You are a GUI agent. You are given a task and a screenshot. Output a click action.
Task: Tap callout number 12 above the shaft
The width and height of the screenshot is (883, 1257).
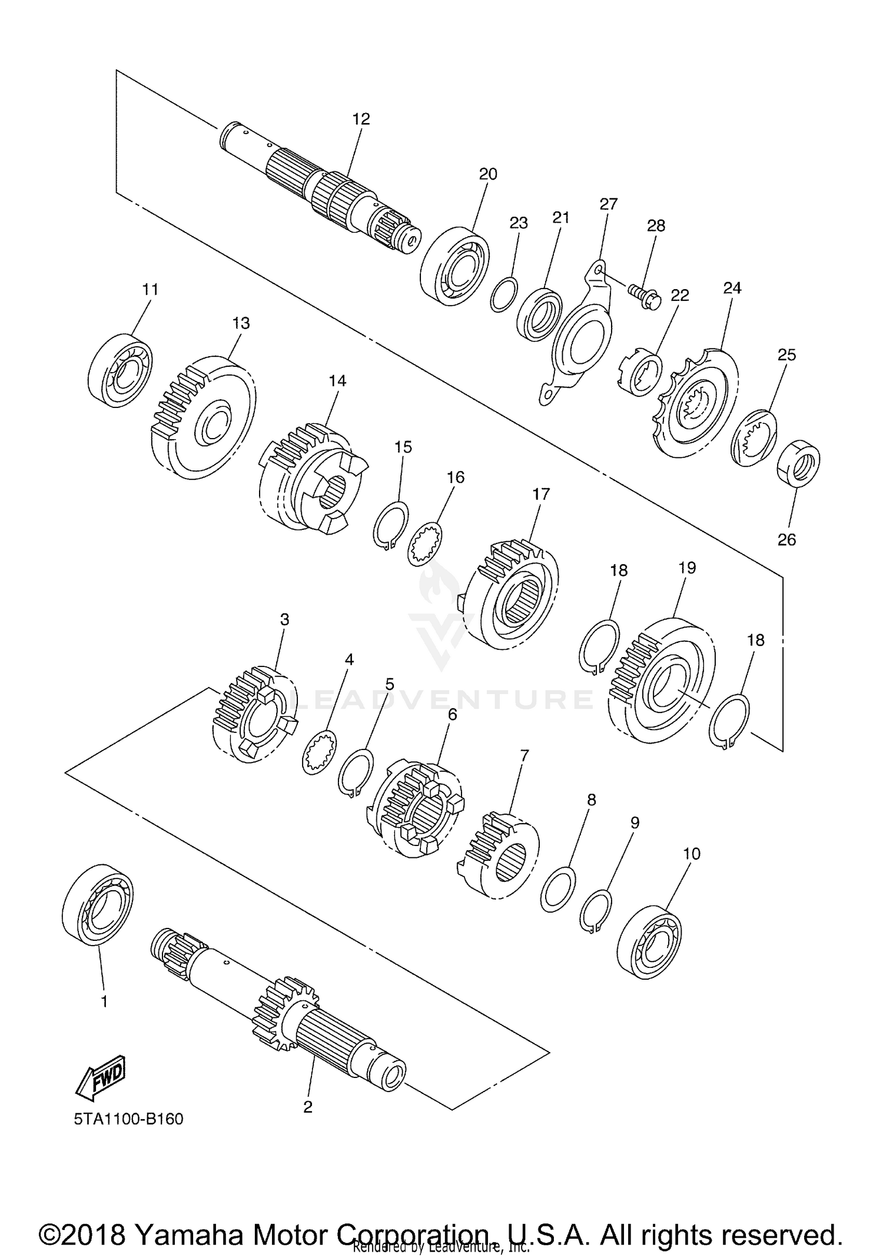[x=361, y=119]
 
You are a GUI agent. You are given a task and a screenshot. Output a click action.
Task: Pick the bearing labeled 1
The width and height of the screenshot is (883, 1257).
[x=98, y=905]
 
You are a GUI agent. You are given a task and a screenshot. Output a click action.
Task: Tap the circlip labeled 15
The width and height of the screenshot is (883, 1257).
[x=391, y=523]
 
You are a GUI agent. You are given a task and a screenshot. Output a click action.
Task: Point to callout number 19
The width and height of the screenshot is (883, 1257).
[x=687, y=568]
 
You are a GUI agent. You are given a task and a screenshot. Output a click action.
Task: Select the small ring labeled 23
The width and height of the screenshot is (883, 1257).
[x=504, y=295]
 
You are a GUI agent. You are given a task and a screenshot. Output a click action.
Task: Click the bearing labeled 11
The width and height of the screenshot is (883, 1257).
[x=120, y=369]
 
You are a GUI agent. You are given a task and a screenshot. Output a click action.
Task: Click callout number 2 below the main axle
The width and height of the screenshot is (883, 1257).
[x=307, y=1107]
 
